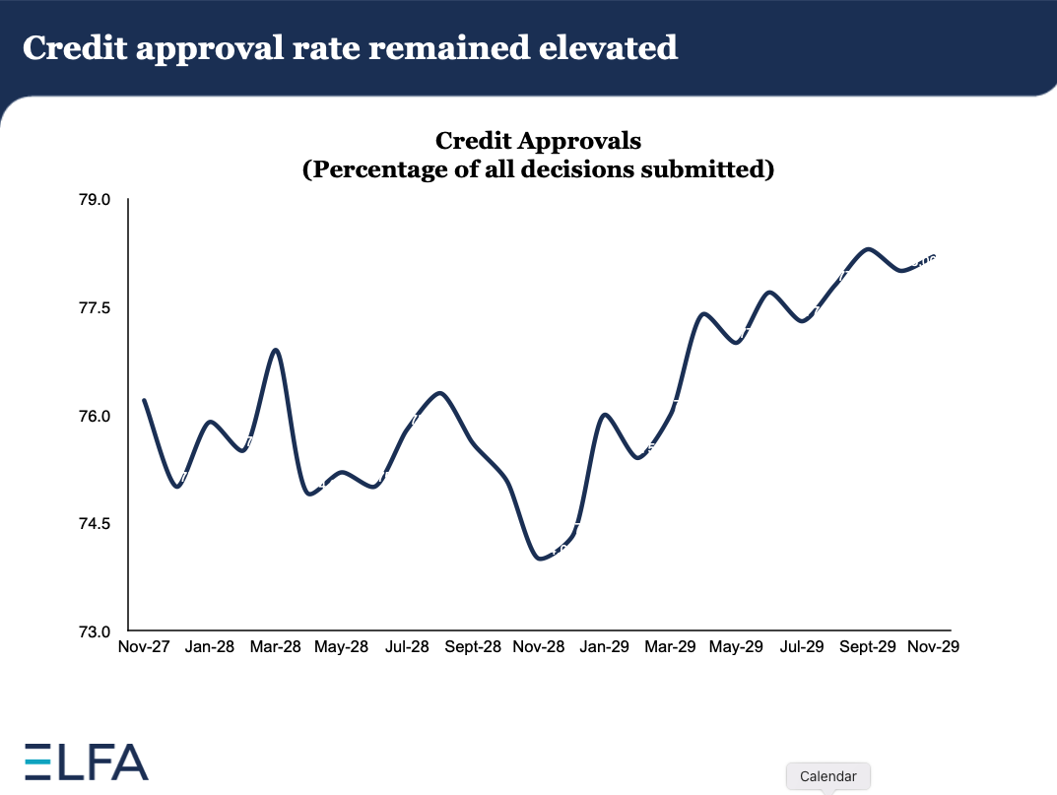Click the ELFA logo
click(x=86, y=762)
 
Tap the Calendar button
click(x=827, y=776)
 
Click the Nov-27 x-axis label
click(x=143, y=647)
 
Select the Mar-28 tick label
click(x=275, y=647)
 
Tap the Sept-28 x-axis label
click(x=474, y=647)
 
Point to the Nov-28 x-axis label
click(x=539, y=647)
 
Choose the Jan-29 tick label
click(x=605, y=647)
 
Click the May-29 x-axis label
click(x=737, y=647)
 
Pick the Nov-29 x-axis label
click(x=934, y=647)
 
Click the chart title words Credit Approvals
click(x=538, y=141)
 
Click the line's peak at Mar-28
click(x=276, y=350)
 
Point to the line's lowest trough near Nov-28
click(x=540, y=559)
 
